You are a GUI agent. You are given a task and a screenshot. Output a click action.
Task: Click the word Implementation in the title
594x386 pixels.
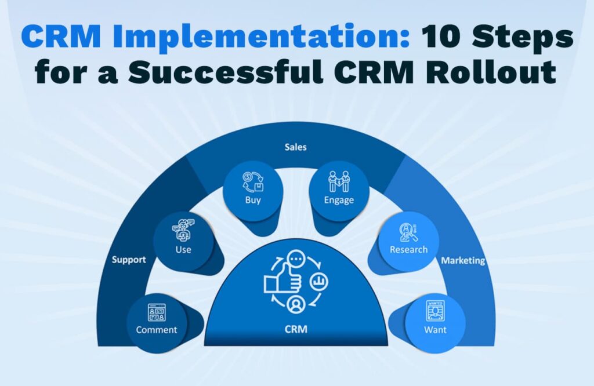[260, 37]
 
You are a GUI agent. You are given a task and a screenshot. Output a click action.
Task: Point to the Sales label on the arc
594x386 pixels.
[295, 147]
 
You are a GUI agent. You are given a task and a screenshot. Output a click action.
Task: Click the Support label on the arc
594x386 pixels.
[129, 260]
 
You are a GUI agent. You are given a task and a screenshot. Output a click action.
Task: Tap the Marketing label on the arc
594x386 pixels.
[463, 260]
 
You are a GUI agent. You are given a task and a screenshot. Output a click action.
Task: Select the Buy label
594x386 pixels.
[253, 200]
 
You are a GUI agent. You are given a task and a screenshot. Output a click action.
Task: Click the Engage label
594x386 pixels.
[339, 200]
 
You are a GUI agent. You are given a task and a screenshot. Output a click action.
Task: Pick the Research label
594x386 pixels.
[408, 249]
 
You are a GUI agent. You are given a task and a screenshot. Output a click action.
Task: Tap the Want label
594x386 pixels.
[435, 330]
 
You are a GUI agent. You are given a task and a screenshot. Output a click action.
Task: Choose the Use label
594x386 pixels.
[183, 249]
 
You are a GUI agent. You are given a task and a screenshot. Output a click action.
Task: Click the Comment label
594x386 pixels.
[157, 330]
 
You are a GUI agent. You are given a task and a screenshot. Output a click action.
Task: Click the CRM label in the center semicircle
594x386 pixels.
[296, 329]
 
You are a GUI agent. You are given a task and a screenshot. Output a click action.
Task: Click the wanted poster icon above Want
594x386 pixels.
[435, 311]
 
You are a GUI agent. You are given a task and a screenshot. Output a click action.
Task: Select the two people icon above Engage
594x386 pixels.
[339, 181]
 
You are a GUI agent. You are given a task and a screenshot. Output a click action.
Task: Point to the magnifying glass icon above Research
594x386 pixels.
[408, 232]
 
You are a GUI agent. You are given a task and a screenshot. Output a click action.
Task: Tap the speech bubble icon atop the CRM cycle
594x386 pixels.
[295, 259]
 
